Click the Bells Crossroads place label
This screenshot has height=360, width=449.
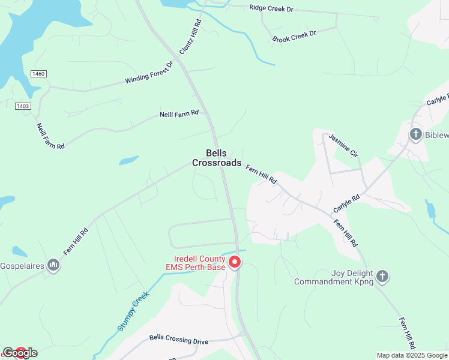217,158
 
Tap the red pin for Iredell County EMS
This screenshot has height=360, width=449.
235,262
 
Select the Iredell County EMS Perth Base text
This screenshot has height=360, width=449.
196,263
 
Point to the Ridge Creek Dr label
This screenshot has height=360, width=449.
271,9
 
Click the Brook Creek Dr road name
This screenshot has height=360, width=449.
294,37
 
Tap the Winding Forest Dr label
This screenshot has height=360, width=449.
149,73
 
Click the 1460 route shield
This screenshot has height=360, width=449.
38,73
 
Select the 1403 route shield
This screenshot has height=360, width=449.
23,106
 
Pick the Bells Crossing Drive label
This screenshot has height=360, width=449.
179,340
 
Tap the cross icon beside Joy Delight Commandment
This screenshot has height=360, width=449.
382,277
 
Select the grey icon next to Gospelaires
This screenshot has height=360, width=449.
53,265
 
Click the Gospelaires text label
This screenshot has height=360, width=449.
22,265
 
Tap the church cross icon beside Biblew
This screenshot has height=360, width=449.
415,134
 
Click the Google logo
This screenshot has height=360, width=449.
20,353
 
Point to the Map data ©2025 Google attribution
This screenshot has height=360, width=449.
412,355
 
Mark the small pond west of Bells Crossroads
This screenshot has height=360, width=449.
128,160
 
